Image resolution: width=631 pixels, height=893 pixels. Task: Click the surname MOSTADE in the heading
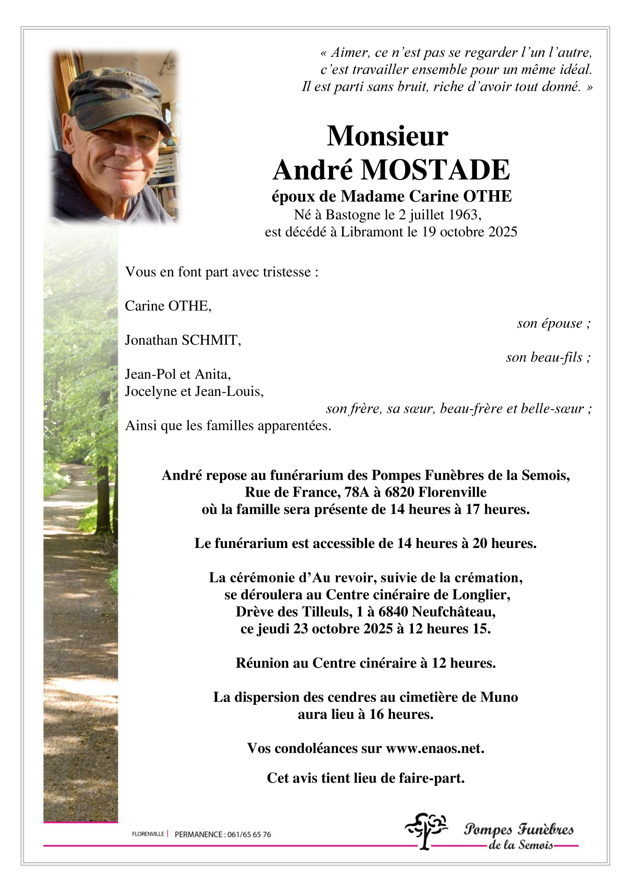click(435, 170)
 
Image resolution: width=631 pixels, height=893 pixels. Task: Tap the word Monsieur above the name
click(387, 136)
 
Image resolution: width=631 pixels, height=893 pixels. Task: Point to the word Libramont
click(372, 232)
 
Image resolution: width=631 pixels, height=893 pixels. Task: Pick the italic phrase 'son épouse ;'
click(554, 323)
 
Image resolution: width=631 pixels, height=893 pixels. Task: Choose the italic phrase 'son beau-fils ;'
click(548, 357)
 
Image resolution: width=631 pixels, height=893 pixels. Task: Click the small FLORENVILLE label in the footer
click(148, 834)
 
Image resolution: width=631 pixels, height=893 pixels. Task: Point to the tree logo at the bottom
click(426, 830)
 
